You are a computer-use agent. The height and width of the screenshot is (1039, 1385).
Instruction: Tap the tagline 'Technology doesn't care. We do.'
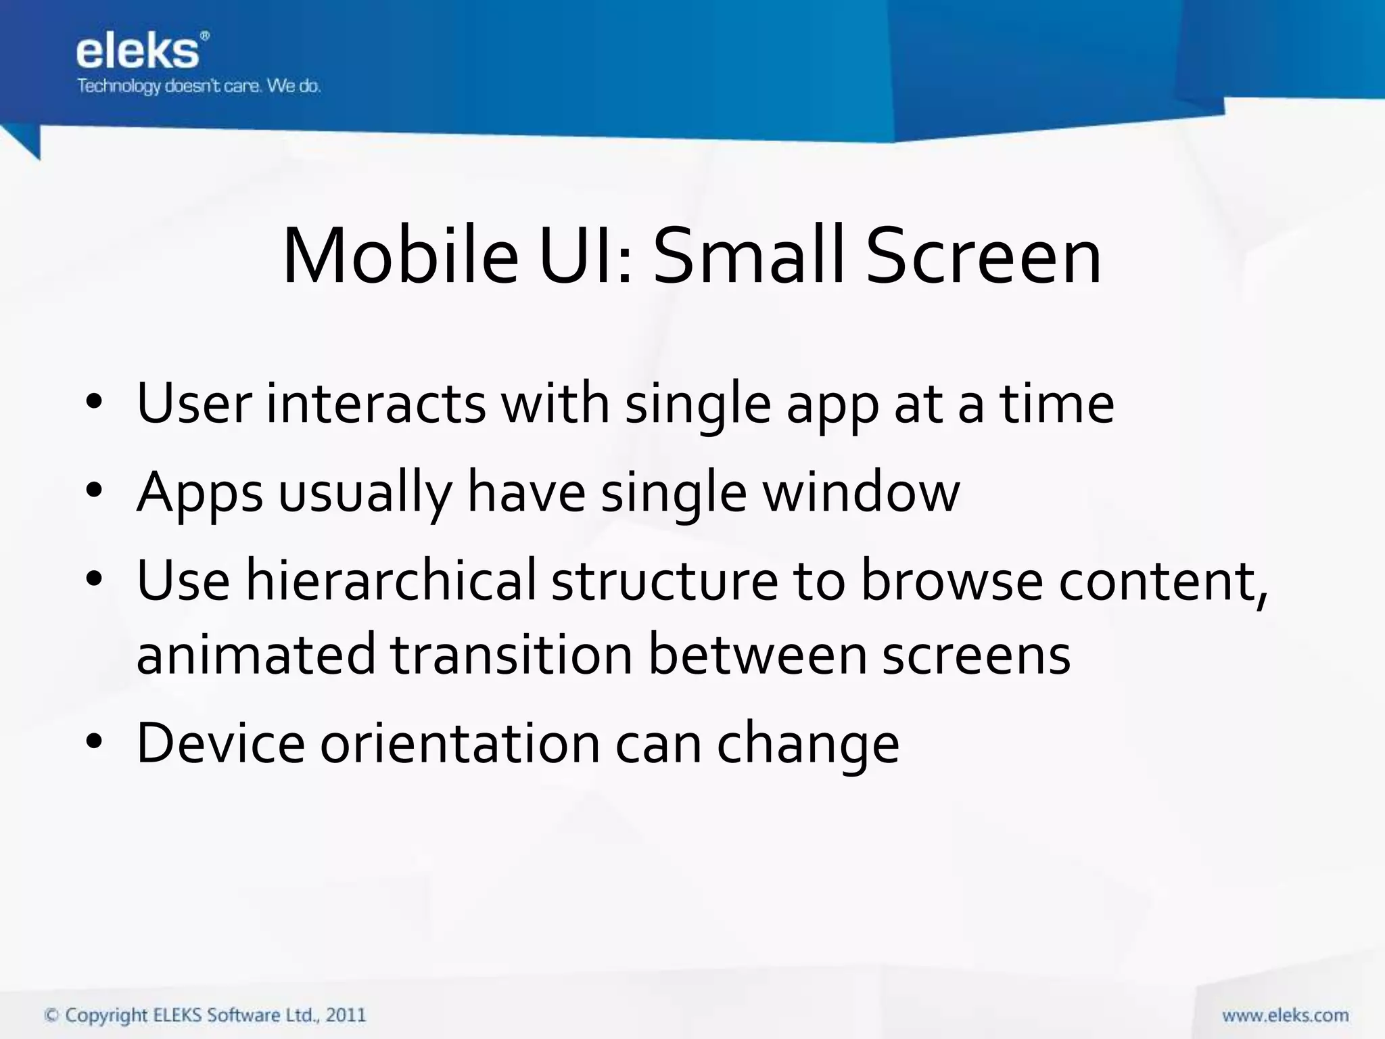pos(198,87)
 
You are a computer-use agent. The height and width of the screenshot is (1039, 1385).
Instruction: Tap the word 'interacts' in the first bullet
pos(375,404)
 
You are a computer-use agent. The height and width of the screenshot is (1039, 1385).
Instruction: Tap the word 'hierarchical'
pos(390,580)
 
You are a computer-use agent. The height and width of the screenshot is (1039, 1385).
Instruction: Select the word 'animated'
pos(256,654)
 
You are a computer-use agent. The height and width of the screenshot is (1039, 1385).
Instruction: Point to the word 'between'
pos(757,654)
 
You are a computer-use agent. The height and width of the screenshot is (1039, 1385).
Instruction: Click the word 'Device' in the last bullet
pos(220,743)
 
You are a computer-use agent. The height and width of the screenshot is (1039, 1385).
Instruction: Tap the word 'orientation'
pos(460,743)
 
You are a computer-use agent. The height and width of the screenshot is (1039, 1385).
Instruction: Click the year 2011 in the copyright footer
pos(346,1015)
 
